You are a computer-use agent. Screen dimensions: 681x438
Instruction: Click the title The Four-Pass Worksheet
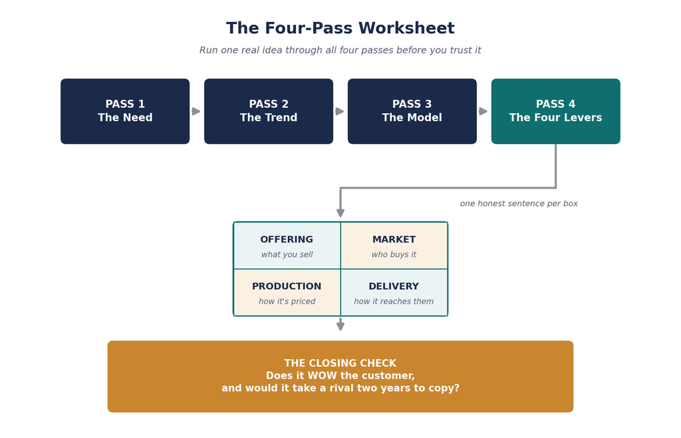[340, 28]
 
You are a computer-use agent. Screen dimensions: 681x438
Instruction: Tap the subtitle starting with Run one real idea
[340, 51]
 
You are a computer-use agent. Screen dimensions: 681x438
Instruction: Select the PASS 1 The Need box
[125, 111]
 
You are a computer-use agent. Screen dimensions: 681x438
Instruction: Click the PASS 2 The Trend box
[269, 111]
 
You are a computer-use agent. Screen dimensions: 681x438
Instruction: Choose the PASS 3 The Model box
[412, 111]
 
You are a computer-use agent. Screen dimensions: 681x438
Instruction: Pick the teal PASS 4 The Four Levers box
[555, 111]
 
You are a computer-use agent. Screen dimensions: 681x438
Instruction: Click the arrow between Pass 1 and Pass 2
[196, 112]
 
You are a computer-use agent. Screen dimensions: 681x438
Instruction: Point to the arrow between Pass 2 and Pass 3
[340, 112]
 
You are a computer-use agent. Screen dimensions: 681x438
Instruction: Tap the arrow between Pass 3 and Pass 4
[483, 112]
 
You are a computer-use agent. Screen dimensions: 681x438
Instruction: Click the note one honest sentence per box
[519, 203]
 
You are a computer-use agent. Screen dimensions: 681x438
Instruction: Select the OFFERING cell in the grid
[287, 246]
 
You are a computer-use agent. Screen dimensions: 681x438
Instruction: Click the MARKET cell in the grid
[394, 246]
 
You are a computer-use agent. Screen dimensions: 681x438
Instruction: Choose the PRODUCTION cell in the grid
[287, 292]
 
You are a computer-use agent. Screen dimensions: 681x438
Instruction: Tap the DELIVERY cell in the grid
[394, 292]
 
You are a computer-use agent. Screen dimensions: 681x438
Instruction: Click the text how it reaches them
[394, 301]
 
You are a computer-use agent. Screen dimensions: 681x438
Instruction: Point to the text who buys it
[394, 255]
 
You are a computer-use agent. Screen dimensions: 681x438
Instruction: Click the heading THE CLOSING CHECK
[340, 364]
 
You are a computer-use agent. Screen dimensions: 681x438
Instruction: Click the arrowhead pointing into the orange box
[340, 326]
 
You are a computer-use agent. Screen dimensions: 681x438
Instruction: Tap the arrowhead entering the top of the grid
[340, 213]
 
